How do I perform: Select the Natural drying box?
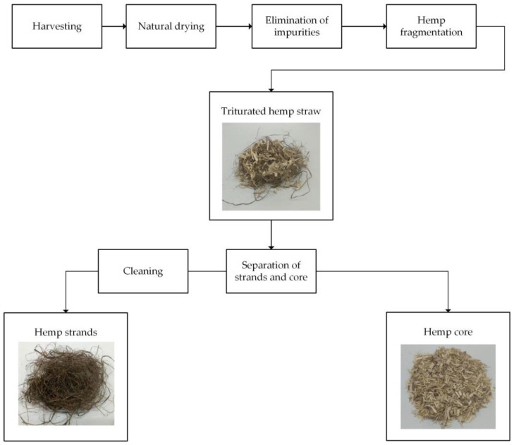pyautogui.click(x=169, y=28)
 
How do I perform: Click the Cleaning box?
pyautogui.click(x=143, y=271)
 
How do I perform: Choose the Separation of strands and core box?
pyautogui.click(x=271, y=271)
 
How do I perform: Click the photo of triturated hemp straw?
pyautogui.click(x=271, y=167)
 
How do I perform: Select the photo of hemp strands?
pyautogui.click(x=66, y=384)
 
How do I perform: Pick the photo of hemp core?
pyautogui.click(x=448, y=386)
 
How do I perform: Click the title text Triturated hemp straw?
pyautogui.click(x=271, y=109)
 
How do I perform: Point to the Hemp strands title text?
pyautogui.click(x=65, y=331)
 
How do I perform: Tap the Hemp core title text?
pyautogui.click(x=448, y=331)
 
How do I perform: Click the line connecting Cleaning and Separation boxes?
pyautogui.click(x=207, y=271)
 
